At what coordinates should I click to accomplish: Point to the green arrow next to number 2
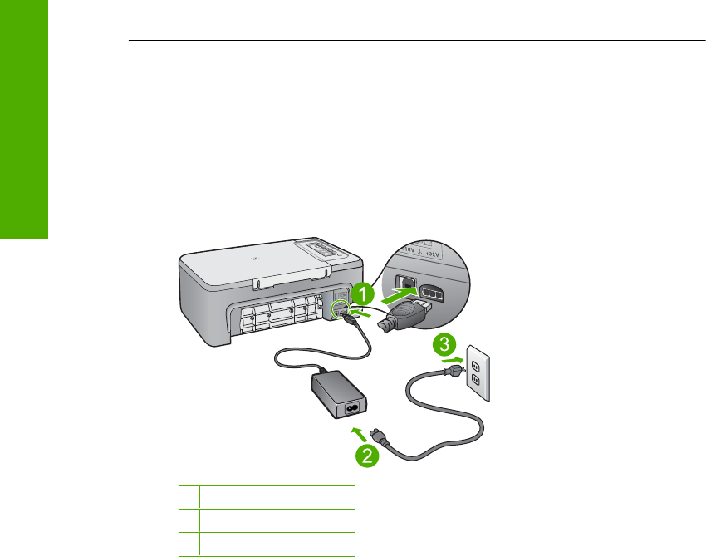coord(355,431)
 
